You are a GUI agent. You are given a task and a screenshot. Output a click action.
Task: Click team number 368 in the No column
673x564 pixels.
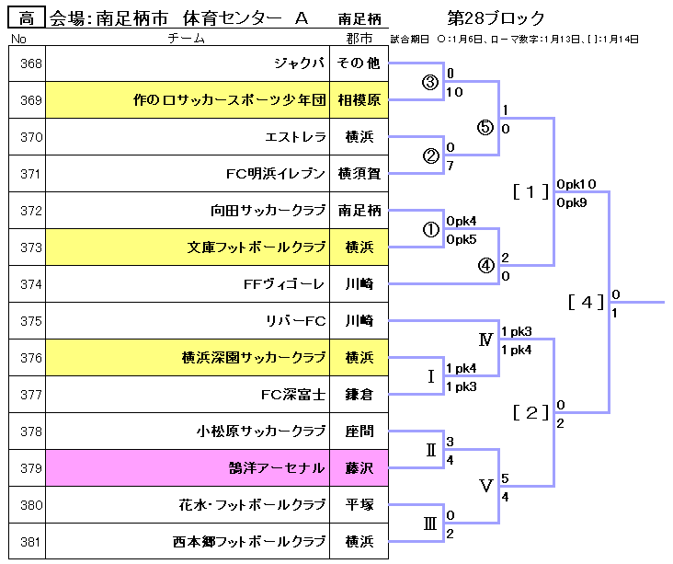click(31, 63)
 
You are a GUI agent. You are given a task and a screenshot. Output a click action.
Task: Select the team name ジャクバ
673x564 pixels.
click(300, 63)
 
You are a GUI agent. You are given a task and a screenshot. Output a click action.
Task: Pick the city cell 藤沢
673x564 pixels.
click(359, 468)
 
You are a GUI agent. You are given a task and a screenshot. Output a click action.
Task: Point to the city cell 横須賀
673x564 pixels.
click(359, 174)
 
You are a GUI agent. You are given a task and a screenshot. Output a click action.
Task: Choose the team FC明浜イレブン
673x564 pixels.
click(276, 174)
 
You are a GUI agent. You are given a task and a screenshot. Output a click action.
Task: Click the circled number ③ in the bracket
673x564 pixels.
click(429, 82)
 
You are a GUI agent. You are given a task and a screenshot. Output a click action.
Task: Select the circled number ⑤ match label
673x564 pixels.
click(485, 128)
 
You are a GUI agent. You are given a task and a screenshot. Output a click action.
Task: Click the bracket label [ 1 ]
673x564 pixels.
click(530, 191)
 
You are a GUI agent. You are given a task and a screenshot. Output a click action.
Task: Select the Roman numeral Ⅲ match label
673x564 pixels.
click(429, 524)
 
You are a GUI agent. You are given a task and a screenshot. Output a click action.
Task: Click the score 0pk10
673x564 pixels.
click(576, 184)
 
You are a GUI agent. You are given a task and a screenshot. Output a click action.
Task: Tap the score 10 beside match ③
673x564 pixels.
click(453, 92)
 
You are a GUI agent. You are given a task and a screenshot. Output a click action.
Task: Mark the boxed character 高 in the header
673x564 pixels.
click(27, 17)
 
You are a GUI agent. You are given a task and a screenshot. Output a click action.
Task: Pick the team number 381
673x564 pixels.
click(31, 542)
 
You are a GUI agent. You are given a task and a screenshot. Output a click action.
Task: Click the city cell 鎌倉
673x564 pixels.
click(359, 395)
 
